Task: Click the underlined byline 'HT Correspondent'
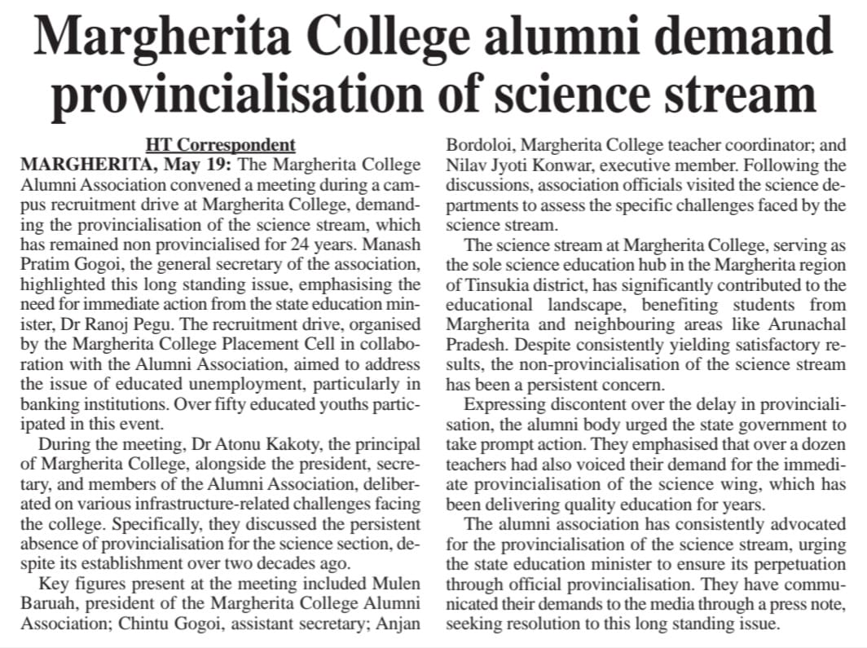click(x=220, y=146)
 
